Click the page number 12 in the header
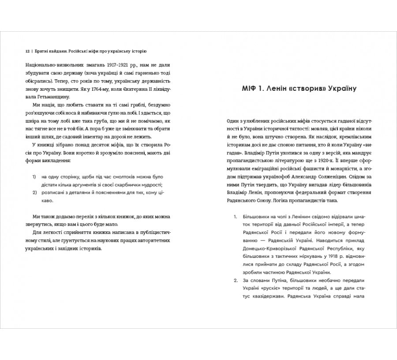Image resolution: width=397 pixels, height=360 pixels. coord(27,51)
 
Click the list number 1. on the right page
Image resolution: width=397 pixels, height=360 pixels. coord(235,217)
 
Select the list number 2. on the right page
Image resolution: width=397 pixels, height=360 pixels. coord(235,280)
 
